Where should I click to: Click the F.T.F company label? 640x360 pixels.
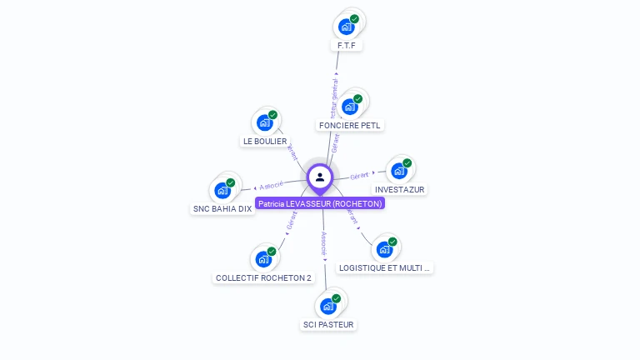347,45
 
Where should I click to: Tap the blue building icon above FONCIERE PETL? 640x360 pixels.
350,106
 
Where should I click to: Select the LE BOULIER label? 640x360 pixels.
265,142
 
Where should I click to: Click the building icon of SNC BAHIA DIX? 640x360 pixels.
222,190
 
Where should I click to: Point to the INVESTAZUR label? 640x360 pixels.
400,189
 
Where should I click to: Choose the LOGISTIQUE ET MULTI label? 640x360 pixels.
385,268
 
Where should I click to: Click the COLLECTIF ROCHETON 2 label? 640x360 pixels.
263,277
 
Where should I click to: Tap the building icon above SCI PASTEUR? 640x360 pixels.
328,306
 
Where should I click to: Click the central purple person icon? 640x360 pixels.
320,177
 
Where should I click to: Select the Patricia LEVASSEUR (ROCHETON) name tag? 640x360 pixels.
320,203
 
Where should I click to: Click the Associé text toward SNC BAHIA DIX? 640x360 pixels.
272,185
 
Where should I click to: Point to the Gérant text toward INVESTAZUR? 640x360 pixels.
359,176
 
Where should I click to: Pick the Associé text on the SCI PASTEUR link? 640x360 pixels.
324,242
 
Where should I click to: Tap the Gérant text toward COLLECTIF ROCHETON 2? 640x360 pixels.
292,221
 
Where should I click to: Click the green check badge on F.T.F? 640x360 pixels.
354,18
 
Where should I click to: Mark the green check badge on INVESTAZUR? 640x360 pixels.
407,163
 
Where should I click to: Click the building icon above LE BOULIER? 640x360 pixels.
265,123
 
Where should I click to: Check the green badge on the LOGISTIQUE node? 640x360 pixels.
392,242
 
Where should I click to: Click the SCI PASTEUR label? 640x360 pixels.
328,324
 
